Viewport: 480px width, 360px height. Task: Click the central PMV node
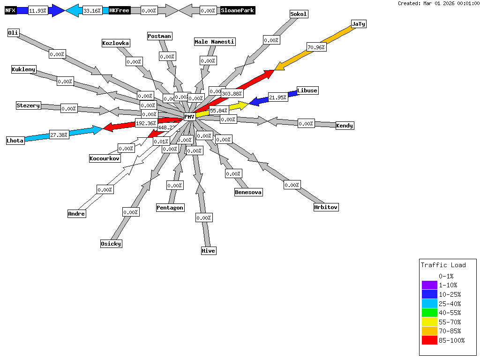coord(189,117)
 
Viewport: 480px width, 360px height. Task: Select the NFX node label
coord(11,10)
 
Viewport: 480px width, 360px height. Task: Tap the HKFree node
coord(119,10)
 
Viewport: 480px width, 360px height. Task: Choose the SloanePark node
coord(238,10)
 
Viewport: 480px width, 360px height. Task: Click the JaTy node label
coord(358,24)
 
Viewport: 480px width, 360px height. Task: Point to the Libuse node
coord(307,90)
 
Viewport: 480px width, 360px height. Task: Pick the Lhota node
coord(15,141)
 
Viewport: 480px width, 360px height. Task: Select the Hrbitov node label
coord(326,207)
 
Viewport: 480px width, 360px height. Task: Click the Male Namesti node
coord(215,42)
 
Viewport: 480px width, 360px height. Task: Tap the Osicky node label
coord(111,243)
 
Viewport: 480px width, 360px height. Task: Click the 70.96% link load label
coord(316,47)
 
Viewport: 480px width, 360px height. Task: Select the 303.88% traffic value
coord(232,94)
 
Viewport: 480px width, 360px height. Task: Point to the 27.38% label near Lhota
coord(59,135)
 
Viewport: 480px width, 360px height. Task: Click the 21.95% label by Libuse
coord(278,97)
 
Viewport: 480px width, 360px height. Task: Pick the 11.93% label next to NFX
coord(38,10)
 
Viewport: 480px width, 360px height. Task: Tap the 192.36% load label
coord(146,123)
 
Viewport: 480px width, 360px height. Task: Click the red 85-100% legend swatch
coord(429,340)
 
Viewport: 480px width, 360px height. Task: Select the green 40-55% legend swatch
coord(429,313)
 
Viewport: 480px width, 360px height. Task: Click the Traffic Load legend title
coord(443,265)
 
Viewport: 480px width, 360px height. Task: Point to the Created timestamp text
coord(438,3)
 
